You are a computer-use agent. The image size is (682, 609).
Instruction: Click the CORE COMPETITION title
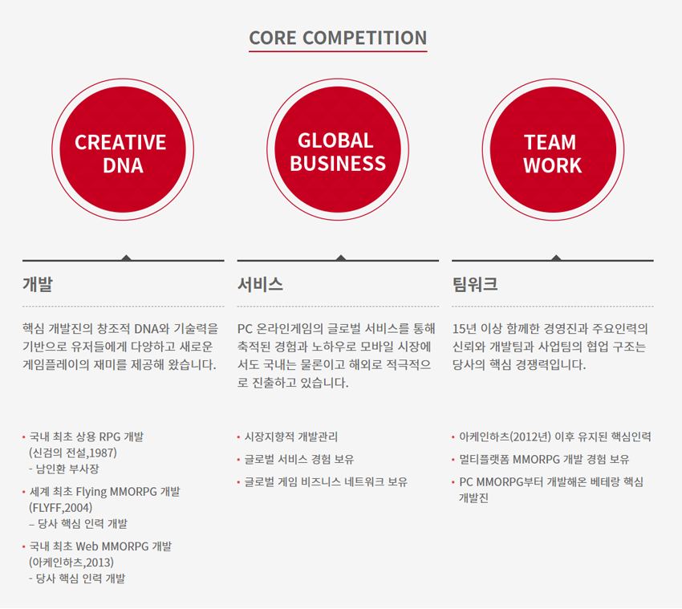point(338,38)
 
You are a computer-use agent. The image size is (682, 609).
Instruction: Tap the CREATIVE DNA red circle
point(123,149)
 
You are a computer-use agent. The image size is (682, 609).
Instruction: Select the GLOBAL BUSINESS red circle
point(338,149)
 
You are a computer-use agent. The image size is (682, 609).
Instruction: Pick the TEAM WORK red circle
point(553,149)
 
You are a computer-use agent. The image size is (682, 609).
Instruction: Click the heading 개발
point(38,284)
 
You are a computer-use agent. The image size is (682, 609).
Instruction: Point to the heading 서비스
point(260,284)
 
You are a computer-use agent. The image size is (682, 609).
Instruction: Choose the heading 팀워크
point(475,284)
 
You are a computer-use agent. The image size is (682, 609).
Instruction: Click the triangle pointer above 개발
point(126,258)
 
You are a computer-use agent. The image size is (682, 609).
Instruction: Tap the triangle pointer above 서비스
point(341,258)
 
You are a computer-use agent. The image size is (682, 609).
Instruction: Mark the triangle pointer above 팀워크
point(556,258)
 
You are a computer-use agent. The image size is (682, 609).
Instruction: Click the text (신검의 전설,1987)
point(73,453)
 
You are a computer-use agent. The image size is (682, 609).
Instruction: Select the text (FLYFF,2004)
point(61,508)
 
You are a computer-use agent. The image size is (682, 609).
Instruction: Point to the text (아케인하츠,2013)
point(71,562)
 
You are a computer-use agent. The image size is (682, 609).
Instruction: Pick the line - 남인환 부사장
point(64,469)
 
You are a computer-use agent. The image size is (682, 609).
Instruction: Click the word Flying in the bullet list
point(91,492)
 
